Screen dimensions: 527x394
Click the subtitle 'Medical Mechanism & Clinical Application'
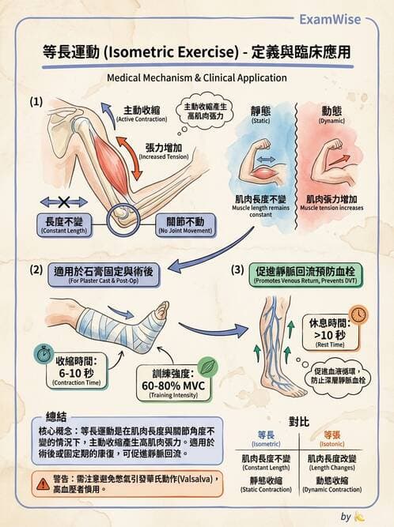(x=196, y=78)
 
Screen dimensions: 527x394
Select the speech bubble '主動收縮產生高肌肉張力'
(x=206, y=111)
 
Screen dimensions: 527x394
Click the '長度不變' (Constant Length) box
(x=66, y=224)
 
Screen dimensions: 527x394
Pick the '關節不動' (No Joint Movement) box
(x=176, y=224)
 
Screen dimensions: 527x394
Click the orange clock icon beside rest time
(x=358, y=314)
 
